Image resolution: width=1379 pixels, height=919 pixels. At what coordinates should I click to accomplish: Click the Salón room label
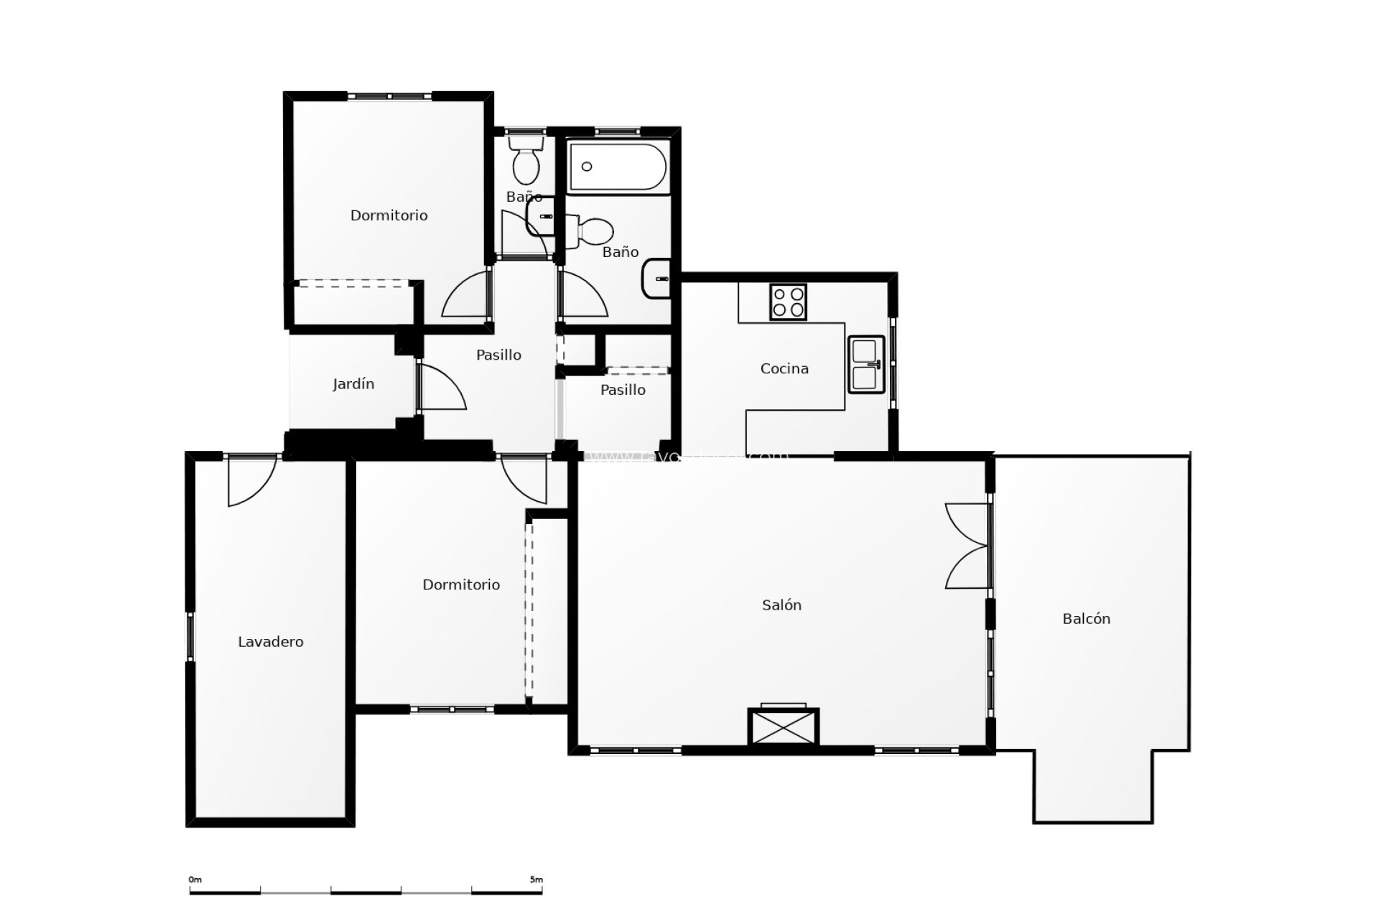pos(781,605)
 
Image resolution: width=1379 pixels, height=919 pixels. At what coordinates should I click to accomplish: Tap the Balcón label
pos(1086,619)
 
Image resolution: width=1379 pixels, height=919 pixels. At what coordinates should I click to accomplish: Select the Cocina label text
pos(784,368)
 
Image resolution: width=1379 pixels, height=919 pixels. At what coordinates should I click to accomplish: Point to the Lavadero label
pos(271,642)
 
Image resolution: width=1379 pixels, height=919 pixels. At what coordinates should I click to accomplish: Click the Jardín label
pos(353,384)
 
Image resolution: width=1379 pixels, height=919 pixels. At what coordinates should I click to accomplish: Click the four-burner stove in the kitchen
pos(788,302)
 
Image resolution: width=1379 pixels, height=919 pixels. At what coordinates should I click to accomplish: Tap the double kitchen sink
pos(866,364)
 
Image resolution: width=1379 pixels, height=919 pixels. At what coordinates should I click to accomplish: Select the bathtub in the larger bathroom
pos(618,167)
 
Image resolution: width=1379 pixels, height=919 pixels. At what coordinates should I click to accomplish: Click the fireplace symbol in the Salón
pos(783,727)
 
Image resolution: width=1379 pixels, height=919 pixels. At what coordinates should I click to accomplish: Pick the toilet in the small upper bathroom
pos(526,162)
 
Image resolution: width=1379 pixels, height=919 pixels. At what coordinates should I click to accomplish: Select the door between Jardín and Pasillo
pos(440,388)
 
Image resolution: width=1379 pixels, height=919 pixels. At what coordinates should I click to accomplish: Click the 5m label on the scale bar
pos(536,880)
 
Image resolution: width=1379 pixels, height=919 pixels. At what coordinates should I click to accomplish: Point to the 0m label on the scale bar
pos(195,880)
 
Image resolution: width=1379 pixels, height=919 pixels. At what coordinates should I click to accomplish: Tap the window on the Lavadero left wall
pos(190,636)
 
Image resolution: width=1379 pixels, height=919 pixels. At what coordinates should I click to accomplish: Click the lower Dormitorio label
pos(461,584)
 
